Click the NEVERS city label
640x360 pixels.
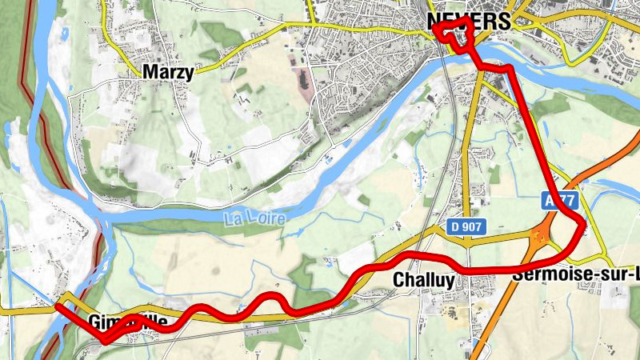click(468, 22)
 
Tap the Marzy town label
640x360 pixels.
click(168, 72)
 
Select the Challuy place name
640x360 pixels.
click(424, 280)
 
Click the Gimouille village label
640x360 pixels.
click(128, 322)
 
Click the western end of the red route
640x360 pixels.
click(58, 305)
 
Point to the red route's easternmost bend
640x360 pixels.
click(585, 226)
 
